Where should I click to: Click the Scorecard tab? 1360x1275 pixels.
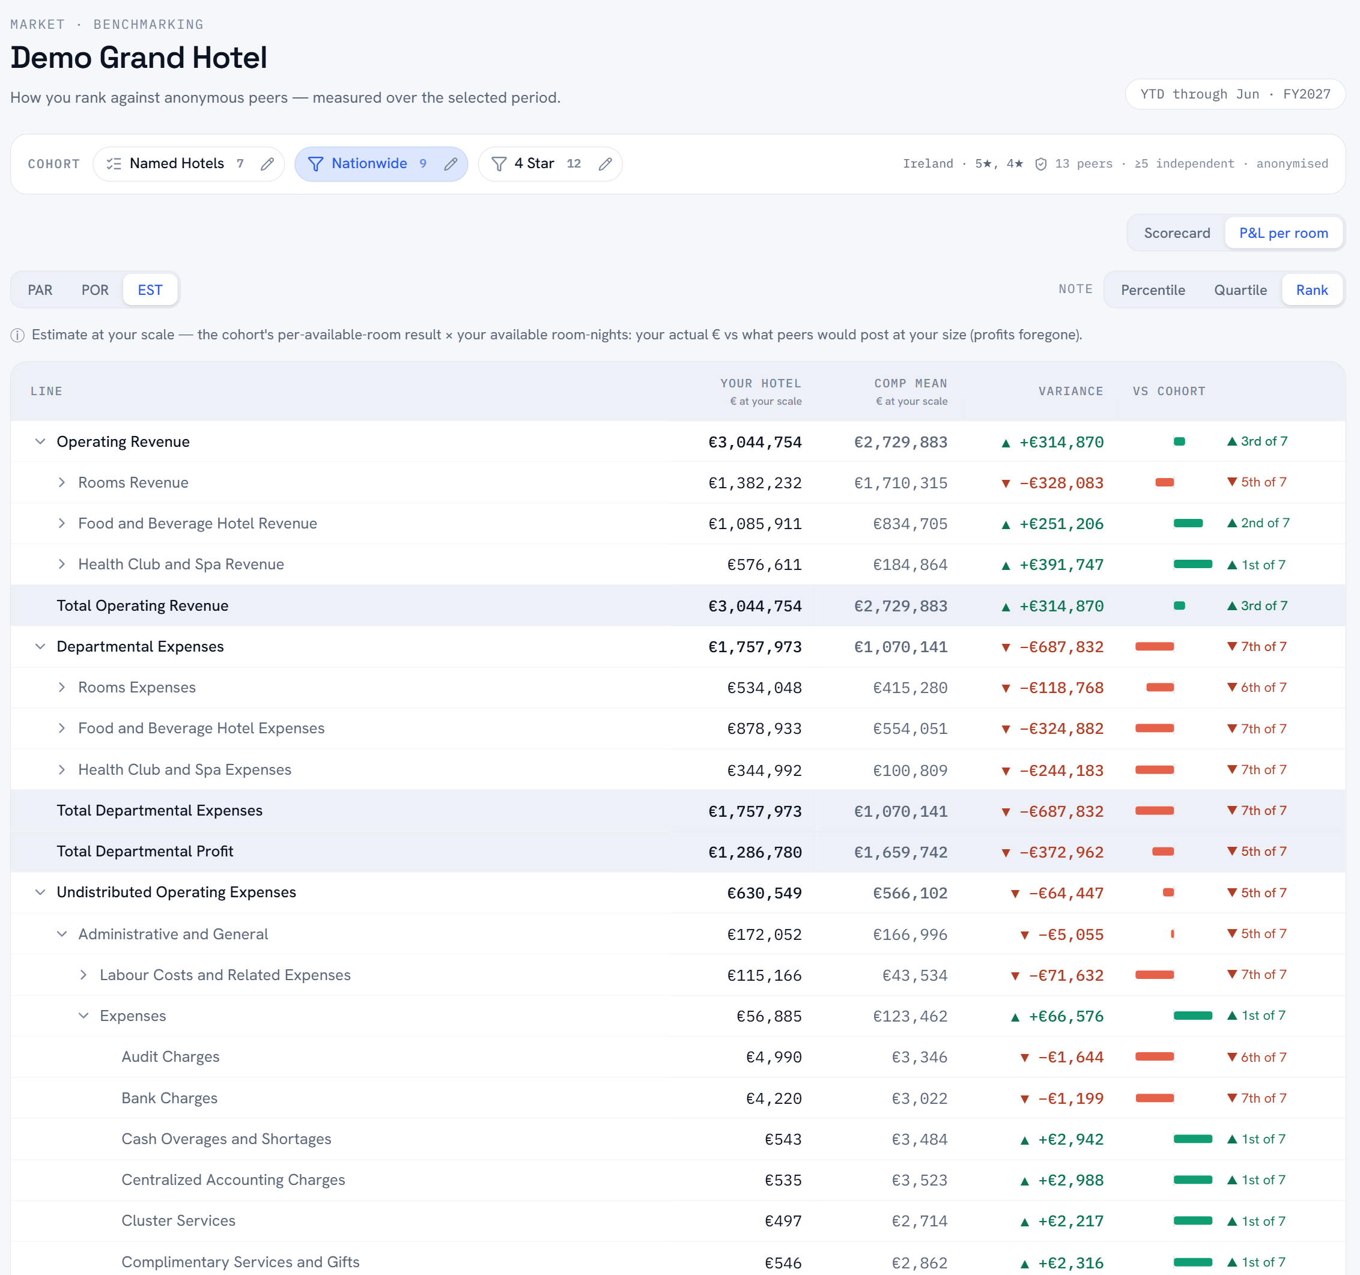[x=1177, y=233]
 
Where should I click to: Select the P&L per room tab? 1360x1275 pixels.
[x=1283, y=233]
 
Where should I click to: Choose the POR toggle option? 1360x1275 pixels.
[x=94, y=290]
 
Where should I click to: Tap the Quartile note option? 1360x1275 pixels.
[x=1240, y=290]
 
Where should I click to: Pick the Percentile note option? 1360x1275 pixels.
[x=1153, y=290]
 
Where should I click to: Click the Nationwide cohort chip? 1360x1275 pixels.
[x=381, y=164]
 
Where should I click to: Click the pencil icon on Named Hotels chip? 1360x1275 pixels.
[x=267, y=164]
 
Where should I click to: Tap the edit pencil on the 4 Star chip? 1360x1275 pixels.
[x=605, y=164]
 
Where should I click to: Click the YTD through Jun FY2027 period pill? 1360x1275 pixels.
[x=1235, y=94]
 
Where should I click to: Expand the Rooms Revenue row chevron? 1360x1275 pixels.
[x=61, y=482]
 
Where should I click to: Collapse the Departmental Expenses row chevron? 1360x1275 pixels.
[x=40, y=646]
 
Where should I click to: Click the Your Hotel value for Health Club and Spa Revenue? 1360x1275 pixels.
[x=763, y=565]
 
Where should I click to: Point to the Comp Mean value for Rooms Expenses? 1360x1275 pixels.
[x=910, y=688]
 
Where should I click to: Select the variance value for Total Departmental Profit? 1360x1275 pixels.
[x=1061, y=852]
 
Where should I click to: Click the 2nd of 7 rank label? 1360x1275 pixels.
[x=1265, y=523]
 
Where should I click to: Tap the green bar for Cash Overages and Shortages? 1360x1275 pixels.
[x=1192, y=1139]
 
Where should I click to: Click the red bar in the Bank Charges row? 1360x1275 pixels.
[x=1154, y=1098]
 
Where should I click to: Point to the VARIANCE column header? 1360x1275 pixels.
[x=1070, y=391]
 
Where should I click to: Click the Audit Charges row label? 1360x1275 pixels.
[x=171, y=1057]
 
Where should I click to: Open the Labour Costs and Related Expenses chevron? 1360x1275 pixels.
[x=83, y=975]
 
